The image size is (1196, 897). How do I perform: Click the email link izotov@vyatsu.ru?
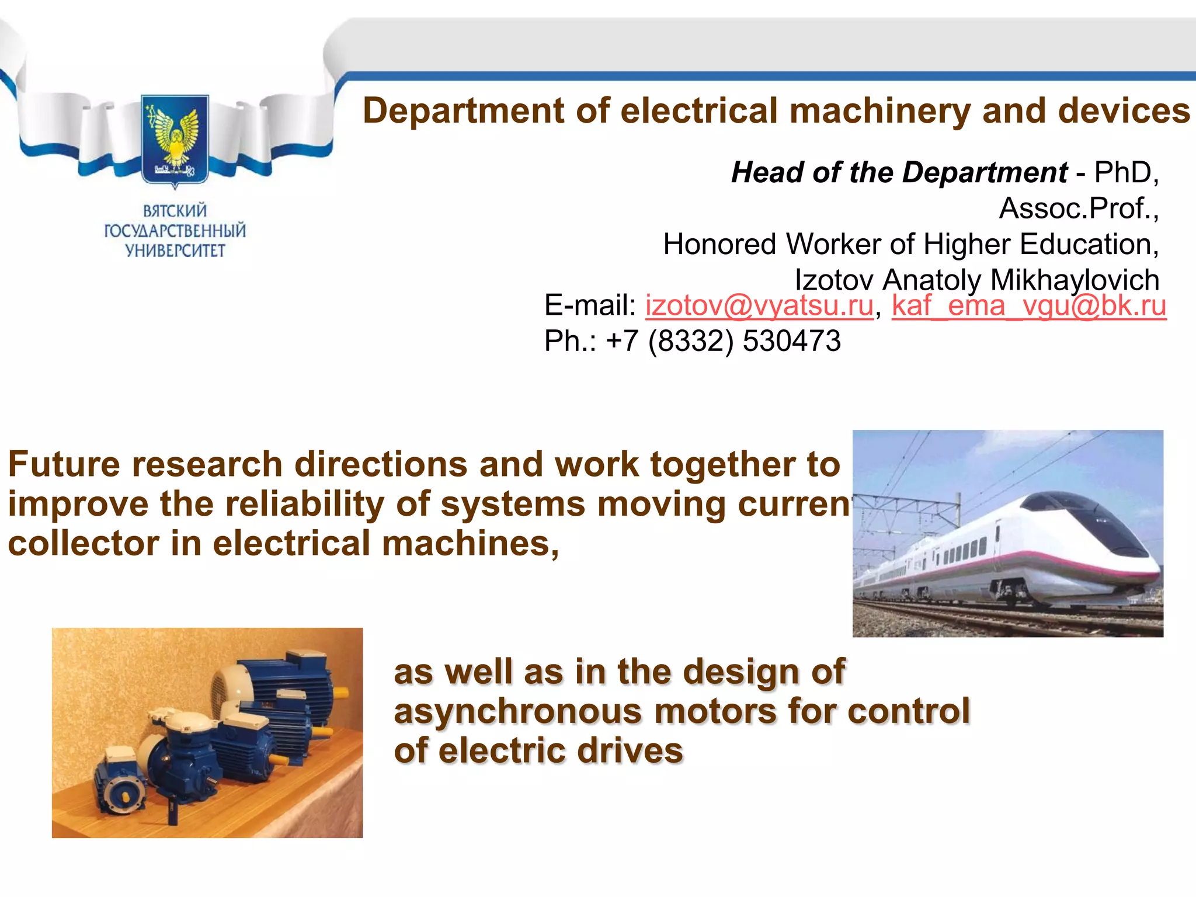pyautogui.click(x=759, y=305)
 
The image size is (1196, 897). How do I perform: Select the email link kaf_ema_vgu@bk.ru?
pyautogui.click(x=1028, y=305)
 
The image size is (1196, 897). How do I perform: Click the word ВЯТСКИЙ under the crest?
pyautogui.click(x=175, y=210)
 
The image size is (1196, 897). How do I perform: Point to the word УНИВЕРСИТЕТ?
pyautogui.click(x=175, y=251)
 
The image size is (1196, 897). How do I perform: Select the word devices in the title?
pyautogui.click(x=1124, y=111)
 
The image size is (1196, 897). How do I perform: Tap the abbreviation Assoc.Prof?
pyautogui.click(x=1078, y=208)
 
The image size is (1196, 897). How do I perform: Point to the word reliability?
pyautogui.click(x=304, y=504)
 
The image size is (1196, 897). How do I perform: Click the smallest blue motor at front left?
pyautogui.click(x=120, y=783)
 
